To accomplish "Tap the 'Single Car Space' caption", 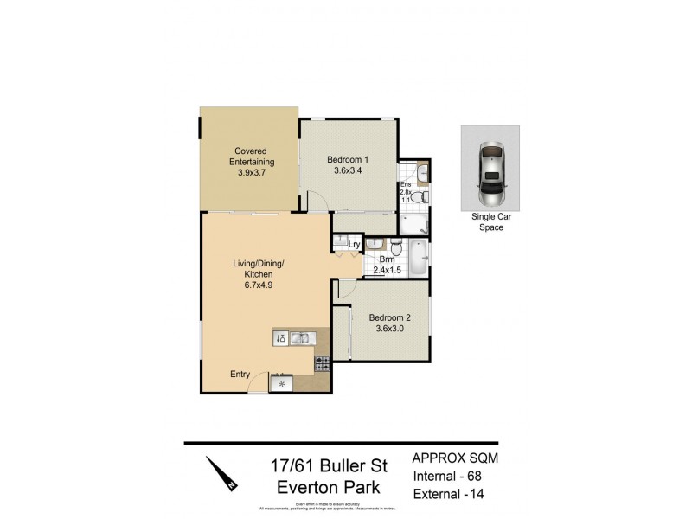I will [x=490, y=223].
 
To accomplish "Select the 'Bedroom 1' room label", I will [x=348, y=159].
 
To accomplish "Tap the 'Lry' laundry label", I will [x=354, y=245].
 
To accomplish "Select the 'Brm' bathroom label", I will [x=387, y=259].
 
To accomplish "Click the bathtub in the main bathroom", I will [x=418, y=258].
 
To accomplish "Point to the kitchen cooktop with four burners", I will [x=322, y=364].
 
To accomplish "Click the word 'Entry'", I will [x=240, y=375].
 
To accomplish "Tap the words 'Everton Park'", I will [x=327, y=487].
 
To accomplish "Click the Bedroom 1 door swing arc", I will [x=317, y=201].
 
